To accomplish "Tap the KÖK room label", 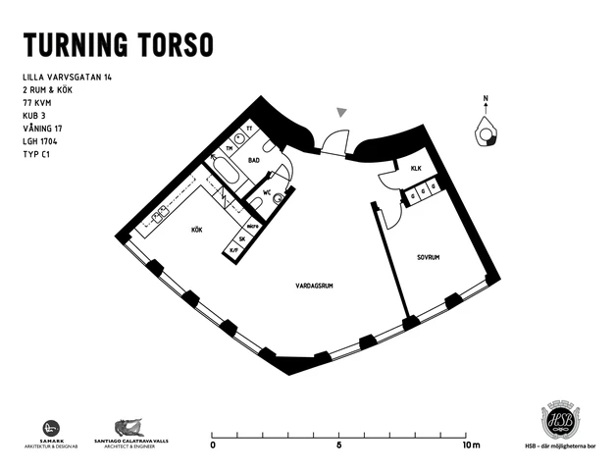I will (x=197, y=230).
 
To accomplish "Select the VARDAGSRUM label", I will (x=315, y=287).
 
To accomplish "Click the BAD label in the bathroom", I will (x=253, y=159).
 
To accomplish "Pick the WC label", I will (x=266, y=193).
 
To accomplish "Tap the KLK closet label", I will (x=416, y=169).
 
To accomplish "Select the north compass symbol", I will (x=485, y=130).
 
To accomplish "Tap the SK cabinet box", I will (x=241, y=237).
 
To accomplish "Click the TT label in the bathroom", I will (x=250, y=129).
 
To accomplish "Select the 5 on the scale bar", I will (x=339, y=445).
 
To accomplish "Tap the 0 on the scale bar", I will (x=213, y=445).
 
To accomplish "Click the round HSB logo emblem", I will (x=559, y=419).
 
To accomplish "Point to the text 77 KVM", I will (x=37, y=101).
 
